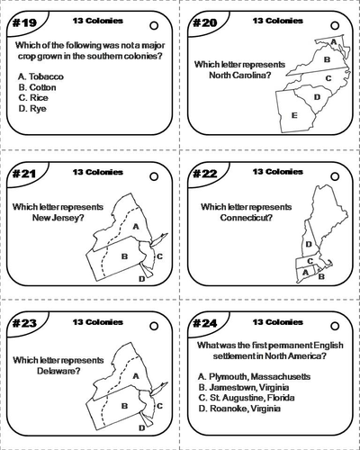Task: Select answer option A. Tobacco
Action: [x=40, y=77]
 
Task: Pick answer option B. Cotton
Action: [x=38, y=88]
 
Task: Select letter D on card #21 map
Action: [x=141, y=279]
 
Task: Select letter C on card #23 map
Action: [x=158, y=406]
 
